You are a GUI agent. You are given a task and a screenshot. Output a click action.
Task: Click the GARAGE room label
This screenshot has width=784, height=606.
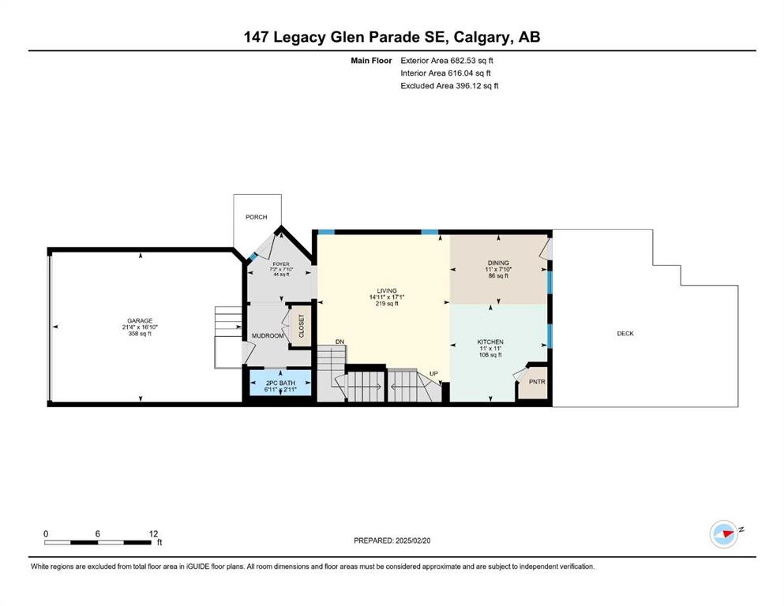[x=140, y=320]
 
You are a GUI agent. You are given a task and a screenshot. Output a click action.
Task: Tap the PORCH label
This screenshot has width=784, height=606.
[x=256, y=217]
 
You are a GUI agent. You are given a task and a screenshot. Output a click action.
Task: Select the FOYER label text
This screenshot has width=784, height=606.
[x=281, y=264]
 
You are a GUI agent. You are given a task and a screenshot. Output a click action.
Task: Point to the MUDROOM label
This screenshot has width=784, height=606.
[x=268, y=335]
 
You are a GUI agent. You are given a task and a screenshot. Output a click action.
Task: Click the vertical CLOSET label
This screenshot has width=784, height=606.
[x=302, y=326]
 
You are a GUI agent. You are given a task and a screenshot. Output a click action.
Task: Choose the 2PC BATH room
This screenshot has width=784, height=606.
[x=280, y=383]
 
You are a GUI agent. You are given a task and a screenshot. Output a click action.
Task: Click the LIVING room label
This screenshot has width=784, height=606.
[x=387, y=290]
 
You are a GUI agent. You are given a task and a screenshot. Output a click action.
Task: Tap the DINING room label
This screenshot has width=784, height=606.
[x=498, y=263]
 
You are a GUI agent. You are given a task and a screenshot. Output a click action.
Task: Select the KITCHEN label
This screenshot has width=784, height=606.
[x=490, y=342]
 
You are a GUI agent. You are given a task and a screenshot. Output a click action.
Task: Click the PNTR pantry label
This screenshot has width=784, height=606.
[x=537, y=382]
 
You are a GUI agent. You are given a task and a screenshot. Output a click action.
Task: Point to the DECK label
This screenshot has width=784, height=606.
[x=625, y=333]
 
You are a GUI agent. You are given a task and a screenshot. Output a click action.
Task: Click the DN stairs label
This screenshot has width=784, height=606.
[x=340, y=342]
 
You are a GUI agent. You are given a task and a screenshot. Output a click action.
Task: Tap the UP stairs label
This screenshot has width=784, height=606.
[x=433, y=374]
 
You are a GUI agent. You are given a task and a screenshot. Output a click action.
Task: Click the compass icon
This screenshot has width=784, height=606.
[x=724, y=533]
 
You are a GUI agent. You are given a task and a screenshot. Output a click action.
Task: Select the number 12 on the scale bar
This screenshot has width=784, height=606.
[x=153, y=533]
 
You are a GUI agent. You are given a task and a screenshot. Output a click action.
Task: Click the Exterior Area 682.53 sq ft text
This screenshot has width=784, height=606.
[x=447, y=61]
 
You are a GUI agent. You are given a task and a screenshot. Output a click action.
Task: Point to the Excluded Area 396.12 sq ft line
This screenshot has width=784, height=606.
[x=449, y=85]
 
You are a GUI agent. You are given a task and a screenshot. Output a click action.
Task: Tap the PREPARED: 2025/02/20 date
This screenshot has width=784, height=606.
[x=392, y=541]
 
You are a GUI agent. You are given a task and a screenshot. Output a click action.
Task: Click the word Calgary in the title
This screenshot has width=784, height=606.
[x=483, y=37]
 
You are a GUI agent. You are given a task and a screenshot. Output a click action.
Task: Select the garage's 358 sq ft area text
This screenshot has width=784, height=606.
[x=140, y=334]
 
